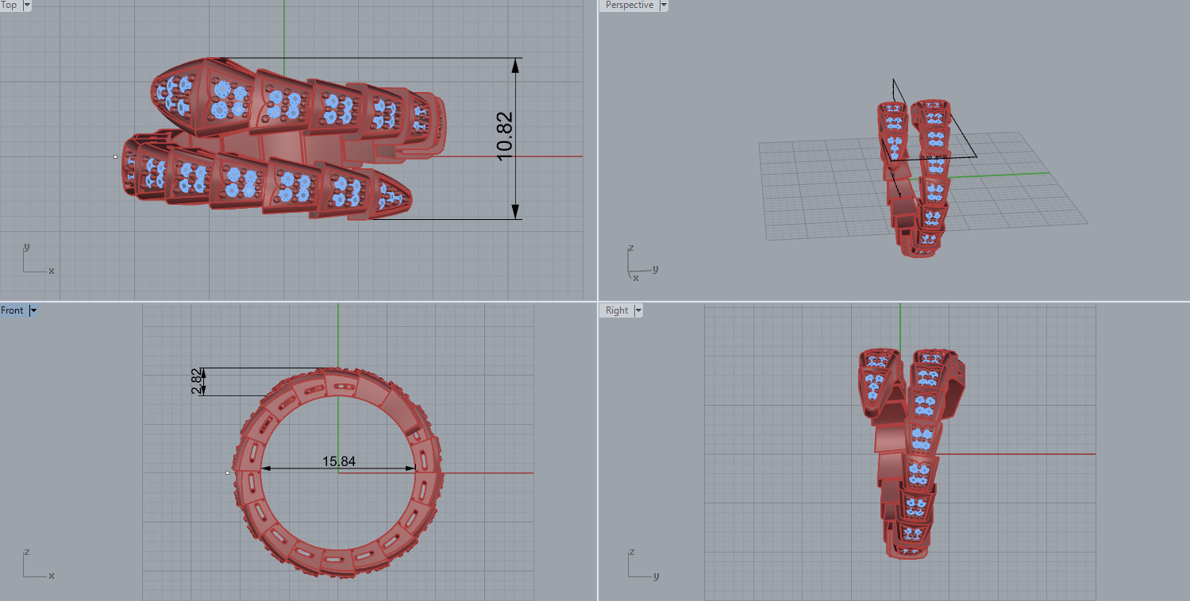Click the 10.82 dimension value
tap(506, 137)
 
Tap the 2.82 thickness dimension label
tap(196, 382)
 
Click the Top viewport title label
tap(10, 5)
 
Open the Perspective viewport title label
tap(629, 5)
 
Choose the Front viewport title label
tap(13, 310)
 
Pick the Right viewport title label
tap(617, 310)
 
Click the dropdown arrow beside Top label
tap(27, 5)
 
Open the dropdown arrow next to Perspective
tap(664, 5)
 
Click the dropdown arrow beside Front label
tap(33, 310)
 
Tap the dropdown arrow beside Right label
tap(637, 310)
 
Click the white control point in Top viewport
tap(115, 156)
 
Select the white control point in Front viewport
tap(227, 472)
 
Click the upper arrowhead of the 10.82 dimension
tap(515, 67)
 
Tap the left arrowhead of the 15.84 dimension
tap(267, 468)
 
